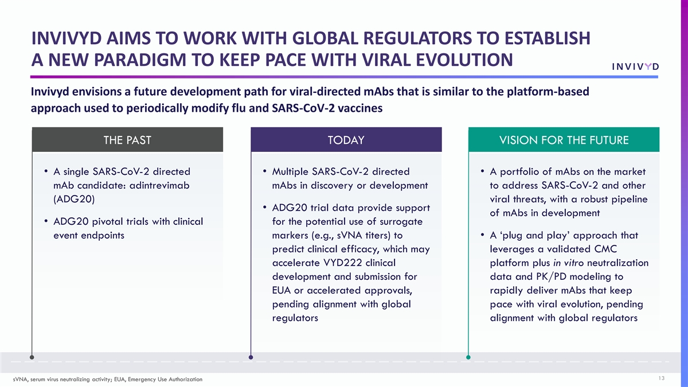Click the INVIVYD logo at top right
click(x=635, y=67)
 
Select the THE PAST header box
click(x=127, y=140)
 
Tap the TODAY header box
click(x=346, y=140)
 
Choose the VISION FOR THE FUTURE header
click(x=564, y=140)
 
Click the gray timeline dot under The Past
click(x=32, y=357)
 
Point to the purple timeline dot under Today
click(x=251, y=357)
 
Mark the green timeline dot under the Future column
click(x=468, y=357)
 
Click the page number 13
click(x=661, y=378)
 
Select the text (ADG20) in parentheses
click(x=74, y=200)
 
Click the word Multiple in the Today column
click(x=290, y=171)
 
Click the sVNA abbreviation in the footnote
click(x=20, y=380)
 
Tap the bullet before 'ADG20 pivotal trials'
click(x=46, y=221)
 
